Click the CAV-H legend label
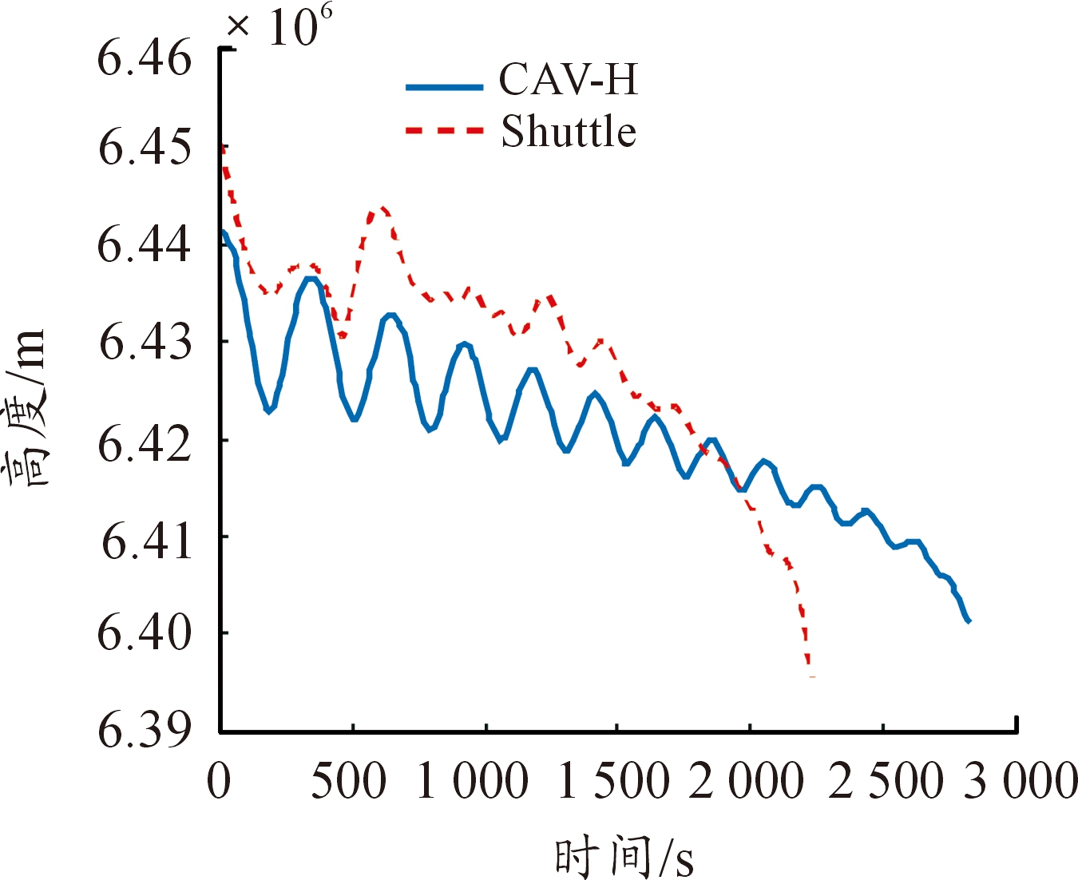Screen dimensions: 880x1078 (568, 80)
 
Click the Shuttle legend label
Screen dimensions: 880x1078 (568, 132)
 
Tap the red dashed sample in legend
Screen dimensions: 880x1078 (444, 130)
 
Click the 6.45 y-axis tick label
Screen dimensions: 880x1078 (145, 149)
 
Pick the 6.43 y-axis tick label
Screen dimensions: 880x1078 (145, 343)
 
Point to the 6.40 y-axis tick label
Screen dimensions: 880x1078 (145, 633)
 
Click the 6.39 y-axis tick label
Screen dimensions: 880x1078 (145, 729)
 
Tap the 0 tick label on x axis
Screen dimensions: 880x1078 (219, 781)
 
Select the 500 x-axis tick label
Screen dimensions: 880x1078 (348, 781)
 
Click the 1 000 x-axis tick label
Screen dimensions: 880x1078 (472, 781)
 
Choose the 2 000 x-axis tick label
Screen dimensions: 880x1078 (746, 781)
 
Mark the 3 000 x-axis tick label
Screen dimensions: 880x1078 (1021, 781)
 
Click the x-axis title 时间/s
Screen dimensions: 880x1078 (624, 856)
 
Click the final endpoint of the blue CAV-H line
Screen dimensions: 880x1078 (968, 620)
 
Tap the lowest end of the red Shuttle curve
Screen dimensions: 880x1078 (811, 676)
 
